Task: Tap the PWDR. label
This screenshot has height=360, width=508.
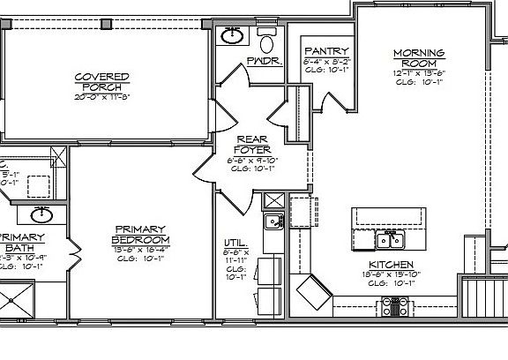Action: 258,63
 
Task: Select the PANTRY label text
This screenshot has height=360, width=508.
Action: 326,51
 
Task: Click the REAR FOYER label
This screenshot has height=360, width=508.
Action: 251,144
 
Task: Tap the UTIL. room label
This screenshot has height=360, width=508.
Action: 236,243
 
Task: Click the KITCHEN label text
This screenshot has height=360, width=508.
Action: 387,265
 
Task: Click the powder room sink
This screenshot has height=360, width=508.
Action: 232,35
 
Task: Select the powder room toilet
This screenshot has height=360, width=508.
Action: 267,40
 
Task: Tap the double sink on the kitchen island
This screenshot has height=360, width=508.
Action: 388,239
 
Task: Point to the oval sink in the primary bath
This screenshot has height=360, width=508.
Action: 40,214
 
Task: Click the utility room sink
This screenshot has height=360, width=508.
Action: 274,221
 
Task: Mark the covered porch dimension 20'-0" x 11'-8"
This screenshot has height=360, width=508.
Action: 102,96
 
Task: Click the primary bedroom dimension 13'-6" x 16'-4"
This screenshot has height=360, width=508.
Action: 140,250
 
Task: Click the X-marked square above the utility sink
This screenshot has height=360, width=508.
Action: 274,199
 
